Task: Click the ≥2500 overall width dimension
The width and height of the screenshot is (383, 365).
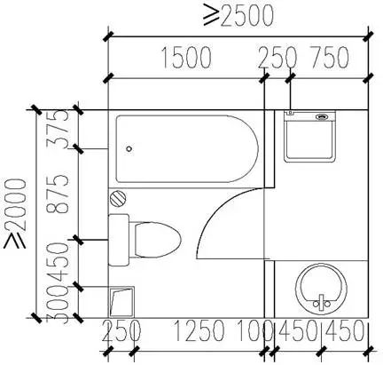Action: (x=238, y=15)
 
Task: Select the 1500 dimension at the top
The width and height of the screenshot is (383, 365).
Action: (x=187, y=57)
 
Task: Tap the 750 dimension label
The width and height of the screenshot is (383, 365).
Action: (x=329, y=57)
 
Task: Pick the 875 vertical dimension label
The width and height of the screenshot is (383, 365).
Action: (x=58, y=194)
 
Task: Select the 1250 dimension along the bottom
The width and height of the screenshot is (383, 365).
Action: (x=199, y=330)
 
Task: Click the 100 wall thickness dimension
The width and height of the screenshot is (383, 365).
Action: (x=254, y=330)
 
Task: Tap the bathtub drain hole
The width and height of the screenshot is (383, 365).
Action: (x=129, y=149)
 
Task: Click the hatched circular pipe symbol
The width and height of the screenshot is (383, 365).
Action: (x=118, y=199)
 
